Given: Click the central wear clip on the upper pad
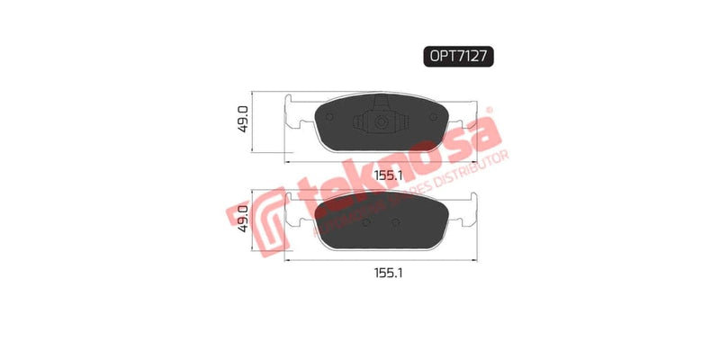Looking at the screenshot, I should [378, 121].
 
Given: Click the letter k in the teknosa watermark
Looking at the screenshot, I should [336, 191].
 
